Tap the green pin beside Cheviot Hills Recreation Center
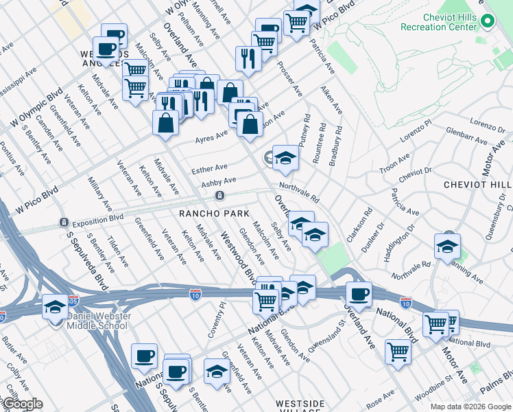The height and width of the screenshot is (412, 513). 487,21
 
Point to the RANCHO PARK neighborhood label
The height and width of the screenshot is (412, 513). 214,214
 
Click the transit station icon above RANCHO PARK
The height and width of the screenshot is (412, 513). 219,196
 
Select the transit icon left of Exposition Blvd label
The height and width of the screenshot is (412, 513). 63,223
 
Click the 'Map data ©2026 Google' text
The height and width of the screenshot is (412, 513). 470,407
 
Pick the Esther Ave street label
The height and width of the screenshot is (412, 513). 209,168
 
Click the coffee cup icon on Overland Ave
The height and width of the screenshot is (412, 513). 359,294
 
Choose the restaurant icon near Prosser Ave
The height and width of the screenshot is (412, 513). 246,58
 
